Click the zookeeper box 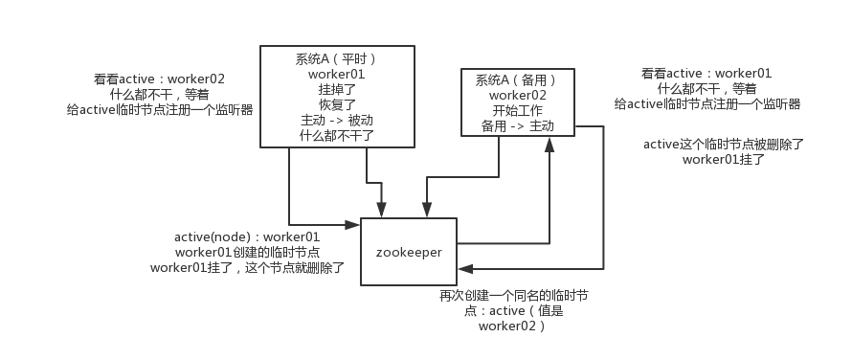408,253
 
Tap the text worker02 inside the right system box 518,95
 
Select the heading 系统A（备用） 518,79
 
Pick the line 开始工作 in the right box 518,110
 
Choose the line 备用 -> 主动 518,125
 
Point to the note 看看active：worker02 160,79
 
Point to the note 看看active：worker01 706,73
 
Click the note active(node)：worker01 247,236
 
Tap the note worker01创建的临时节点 247,252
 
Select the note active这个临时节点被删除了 724,145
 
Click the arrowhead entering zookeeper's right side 463,269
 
